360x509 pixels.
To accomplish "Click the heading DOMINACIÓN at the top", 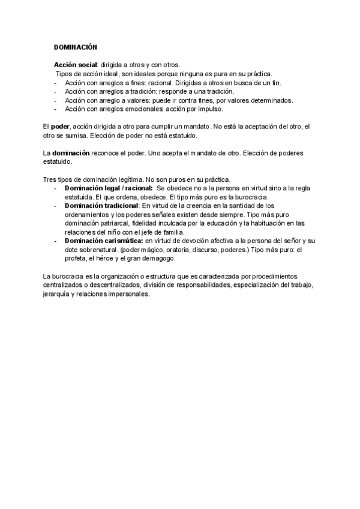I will [x=76, y=46].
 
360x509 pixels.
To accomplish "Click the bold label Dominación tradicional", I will [x=101, y=205].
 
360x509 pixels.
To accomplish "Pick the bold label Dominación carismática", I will [x=102, y=240].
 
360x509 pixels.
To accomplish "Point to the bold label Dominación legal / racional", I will [x=109, y=188].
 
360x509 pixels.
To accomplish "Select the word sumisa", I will [x=77, y=136].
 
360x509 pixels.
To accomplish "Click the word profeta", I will [x=76, y=258].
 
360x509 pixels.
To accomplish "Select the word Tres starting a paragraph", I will [x=50, y=179].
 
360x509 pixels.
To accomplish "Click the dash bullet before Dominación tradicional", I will [x=55, y=205].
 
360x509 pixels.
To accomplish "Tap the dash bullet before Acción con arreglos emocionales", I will [x=55, y=109].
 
